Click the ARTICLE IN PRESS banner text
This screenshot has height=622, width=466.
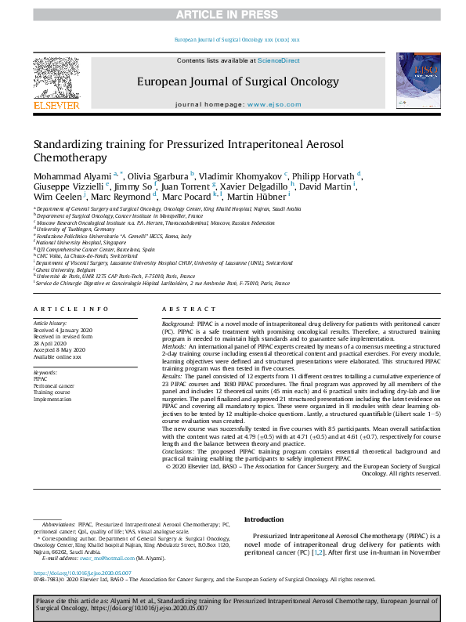(x=233, y=15)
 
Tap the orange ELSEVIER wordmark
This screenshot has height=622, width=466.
(x=56, y=105)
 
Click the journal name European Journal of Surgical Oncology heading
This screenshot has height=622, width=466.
(x=238, y=81)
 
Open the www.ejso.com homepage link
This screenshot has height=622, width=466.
(x=273, y=104)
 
